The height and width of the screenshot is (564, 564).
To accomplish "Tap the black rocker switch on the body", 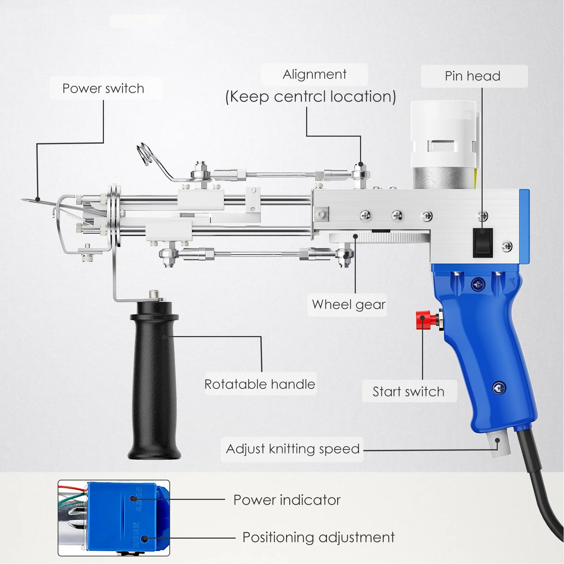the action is [x=482, y=243].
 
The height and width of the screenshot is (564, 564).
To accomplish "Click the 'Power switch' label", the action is [x=103, y=88].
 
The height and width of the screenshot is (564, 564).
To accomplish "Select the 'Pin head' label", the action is [x=472, y=76].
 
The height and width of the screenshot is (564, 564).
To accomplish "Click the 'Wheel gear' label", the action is [x=348, y=305].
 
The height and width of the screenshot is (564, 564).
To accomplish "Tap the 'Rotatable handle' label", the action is [x=260, y=384].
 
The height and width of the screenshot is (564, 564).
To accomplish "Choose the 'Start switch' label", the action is [x=408, y=392].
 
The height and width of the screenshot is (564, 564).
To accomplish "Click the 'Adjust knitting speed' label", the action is [x=292, y=449].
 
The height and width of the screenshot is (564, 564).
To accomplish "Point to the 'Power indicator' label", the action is [x=287, y=500].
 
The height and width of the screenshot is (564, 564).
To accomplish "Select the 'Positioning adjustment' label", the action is [x=318, y=538].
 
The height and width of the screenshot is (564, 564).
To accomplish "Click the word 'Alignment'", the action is [x=315, y=74].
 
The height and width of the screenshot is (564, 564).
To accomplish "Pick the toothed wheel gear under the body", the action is [x=380, y=238].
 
